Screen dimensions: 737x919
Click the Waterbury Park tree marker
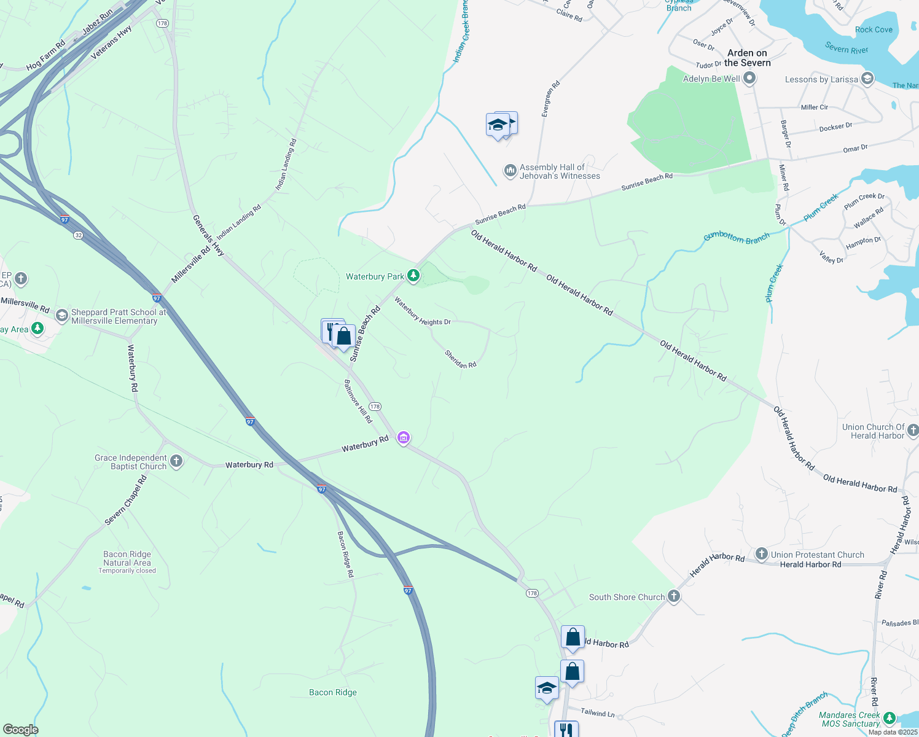tap(413, 276)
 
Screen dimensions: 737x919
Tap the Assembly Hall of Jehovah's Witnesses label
tap(560, 171)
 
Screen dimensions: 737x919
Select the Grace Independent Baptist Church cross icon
tap(176, 462)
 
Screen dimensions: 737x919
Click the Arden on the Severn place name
tap(747, 58)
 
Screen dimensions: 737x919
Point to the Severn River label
tap(847, 49)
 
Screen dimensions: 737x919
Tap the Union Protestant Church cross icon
tap(762, 555)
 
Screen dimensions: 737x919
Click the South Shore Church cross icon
tap(674, 596)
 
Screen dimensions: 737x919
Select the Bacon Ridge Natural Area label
tap(127, 558)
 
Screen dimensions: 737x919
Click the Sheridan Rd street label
tap(461, 359)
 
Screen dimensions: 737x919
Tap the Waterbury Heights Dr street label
tap(423, 311)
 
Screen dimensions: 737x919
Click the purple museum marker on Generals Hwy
tap(404, 438)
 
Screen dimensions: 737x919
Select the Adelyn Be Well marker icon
tap(749, 79)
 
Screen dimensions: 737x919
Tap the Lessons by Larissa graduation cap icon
tap(867, 79)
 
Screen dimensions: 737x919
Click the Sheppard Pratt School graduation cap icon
tap(61, 316)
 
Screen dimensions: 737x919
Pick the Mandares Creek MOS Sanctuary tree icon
tap(889, 719)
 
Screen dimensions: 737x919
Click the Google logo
tap(21, 729)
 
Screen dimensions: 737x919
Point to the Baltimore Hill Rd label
tap(358, 402)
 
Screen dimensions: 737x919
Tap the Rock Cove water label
tap(874, 29)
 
